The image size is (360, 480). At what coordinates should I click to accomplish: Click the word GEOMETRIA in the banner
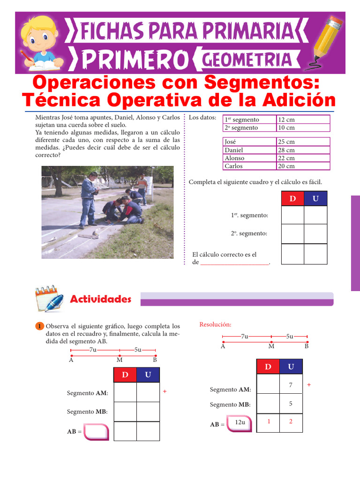247,60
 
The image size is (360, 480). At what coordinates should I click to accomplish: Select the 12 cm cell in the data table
303,120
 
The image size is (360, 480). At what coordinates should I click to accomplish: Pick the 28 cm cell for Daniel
303,150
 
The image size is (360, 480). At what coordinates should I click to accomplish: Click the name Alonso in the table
234,158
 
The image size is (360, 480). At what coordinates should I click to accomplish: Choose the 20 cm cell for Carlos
303,166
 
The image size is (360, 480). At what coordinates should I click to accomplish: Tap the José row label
230,142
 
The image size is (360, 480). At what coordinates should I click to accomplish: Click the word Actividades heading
100,299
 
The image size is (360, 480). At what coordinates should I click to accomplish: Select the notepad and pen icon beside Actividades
49,298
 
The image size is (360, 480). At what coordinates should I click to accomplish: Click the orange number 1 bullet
41,326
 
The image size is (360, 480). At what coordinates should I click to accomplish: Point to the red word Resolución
215,324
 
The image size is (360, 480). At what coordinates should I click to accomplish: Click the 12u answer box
240,423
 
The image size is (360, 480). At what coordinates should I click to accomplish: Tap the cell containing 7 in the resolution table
291,385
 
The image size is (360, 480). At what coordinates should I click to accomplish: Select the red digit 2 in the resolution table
291,421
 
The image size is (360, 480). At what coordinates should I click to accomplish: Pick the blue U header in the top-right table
315,199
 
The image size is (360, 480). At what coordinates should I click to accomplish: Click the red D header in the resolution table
268,367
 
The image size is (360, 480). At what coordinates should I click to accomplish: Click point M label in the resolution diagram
271,346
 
